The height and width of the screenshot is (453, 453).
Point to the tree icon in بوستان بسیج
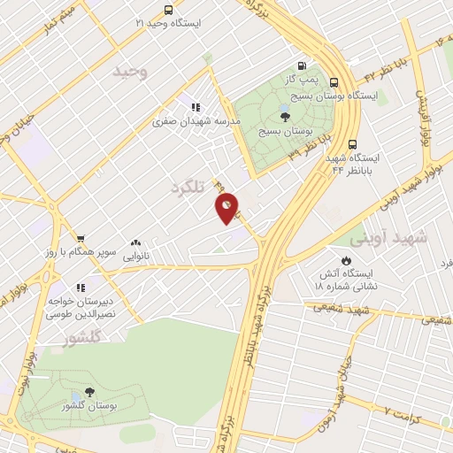pos(284,113)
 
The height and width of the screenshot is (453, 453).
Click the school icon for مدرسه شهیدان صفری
pos(195,108)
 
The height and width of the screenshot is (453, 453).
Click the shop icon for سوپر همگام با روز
pos(81,239)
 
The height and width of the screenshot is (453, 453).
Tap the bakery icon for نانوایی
pos(135,242)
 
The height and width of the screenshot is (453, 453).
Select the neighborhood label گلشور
pos(85,337)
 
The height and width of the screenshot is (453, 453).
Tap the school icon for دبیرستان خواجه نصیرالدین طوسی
pos(81,288)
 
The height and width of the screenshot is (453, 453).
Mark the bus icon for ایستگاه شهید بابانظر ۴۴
pos(353,144)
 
